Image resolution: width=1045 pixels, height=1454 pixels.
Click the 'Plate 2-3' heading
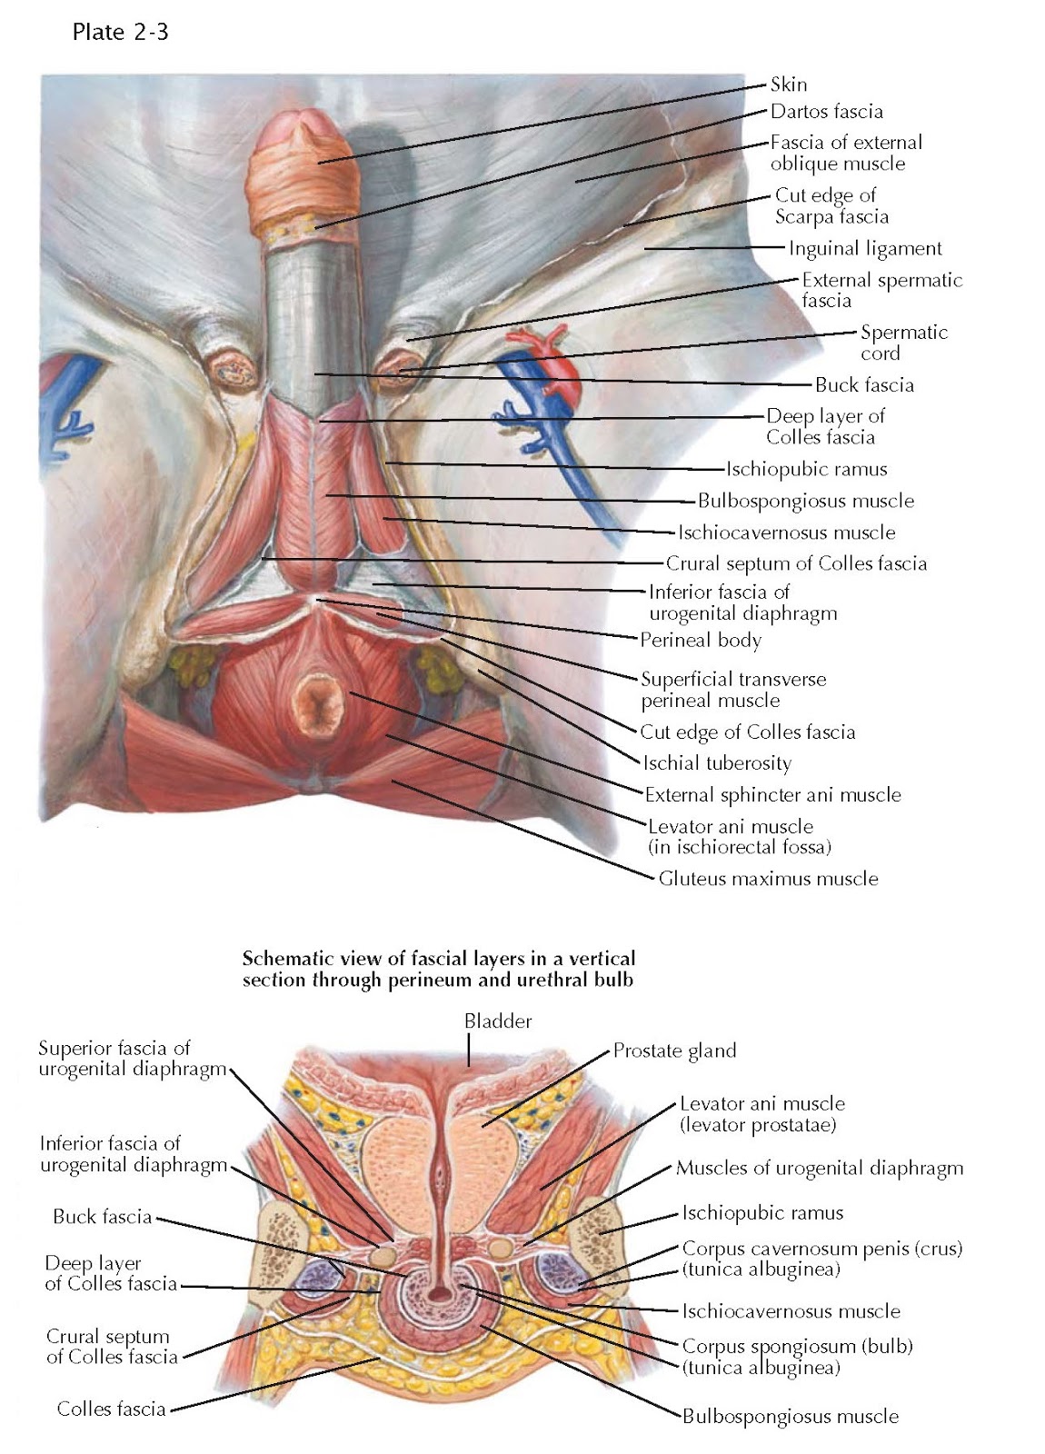(x=119, y=33)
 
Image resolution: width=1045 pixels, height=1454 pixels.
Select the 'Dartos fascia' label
(x=826, y=112)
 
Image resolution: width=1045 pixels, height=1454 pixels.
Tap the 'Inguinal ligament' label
(x=865, y=248)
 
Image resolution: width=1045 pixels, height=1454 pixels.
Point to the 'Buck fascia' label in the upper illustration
(x=864, y=384)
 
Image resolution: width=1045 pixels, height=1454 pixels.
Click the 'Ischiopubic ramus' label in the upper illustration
(x=806, y=469)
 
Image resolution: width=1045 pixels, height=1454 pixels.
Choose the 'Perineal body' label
(x=701, y=640)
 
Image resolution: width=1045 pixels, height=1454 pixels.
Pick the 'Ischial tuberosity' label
(x=717, y=763)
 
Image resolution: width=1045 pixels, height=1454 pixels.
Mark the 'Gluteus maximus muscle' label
(x=768, y=879)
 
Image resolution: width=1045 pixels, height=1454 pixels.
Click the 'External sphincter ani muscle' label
(x=772, y=795)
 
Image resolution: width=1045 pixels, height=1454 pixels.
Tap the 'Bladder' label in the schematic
(x=498, y=1021)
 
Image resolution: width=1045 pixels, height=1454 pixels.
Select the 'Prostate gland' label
(x=674, y=1051)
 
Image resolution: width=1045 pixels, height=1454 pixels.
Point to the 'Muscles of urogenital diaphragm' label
(x=819, y=1168)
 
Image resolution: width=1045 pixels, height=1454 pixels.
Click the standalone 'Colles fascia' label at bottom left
(x=111, y=1409)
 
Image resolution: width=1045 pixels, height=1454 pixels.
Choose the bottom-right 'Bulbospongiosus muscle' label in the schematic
(x=790, y=1416)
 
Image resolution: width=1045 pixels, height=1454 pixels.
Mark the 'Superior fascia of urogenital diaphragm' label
(x=131, y=1059)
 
